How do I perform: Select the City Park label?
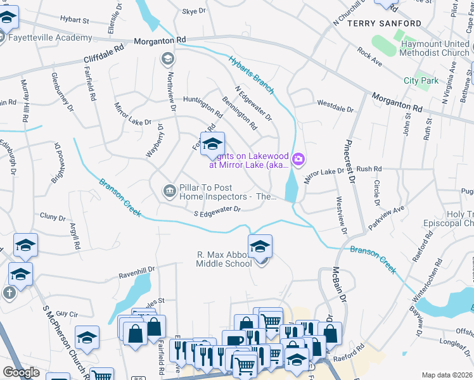tap(421, 80)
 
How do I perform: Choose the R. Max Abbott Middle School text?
tap(224, 259)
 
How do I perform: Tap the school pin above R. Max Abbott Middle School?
tap(260, 246)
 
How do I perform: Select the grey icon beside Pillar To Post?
tap(169, 190)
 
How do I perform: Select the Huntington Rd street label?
tap(203, 107)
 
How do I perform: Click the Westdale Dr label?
tap(335, 106)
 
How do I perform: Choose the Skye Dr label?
tap(194, 11)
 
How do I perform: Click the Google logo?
tap(21, 372)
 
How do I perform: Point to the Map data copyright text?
tap(447, 375)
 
